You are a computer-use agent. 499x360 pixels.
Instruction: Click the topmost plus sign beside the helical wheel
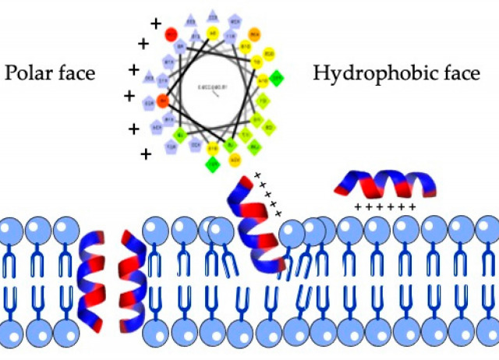point(156,23)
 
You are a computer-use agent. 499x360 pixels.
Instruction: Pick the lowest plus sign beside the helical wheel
point(146,154)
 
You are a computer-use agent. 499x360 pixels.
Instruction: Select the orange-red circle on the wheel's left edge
point(162,100)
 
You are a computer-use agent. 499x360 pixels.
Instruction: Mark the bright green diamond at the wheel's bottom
point(212,164)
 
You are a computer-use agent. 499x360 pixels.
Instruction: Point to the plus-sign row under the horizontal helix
point(384,207)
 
